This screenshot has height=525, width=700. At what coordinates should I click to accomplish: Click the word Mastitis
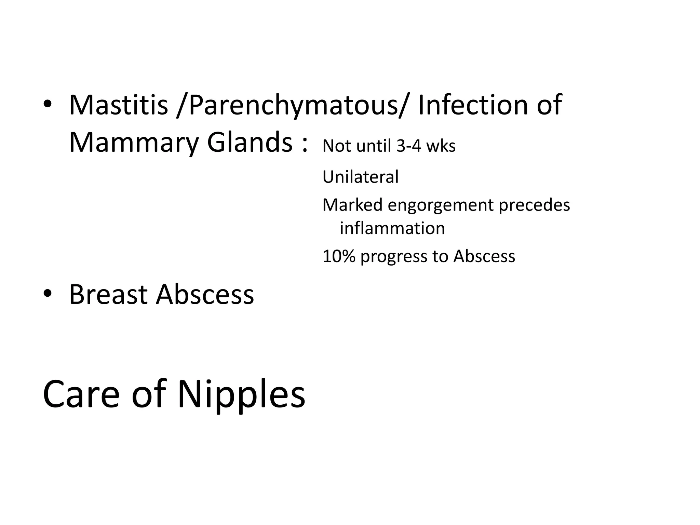[118, 105]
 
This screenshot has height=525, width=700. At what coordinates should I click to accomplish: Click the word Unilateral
[361, 177]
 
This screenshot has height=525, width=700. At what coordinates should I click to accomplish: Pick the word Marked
[352, 205]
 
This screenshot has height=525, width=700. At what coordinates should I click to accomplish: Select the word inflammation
[392, 228]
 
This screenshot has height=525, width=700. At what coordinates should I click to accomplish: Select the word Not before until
[337, 146]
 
